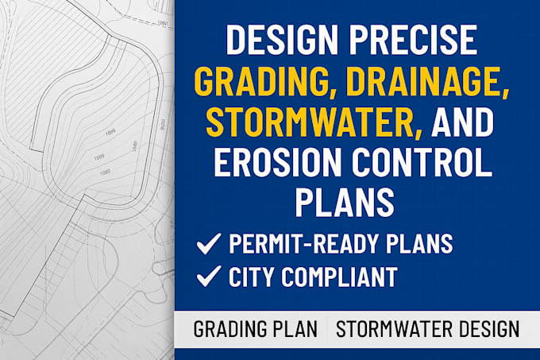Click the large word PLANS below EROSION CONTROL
click(x=345, y=202)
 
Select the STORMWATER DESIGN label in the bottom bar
click(x=427, y=328)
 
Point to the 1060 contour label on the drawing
click(x=163, y=24)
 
